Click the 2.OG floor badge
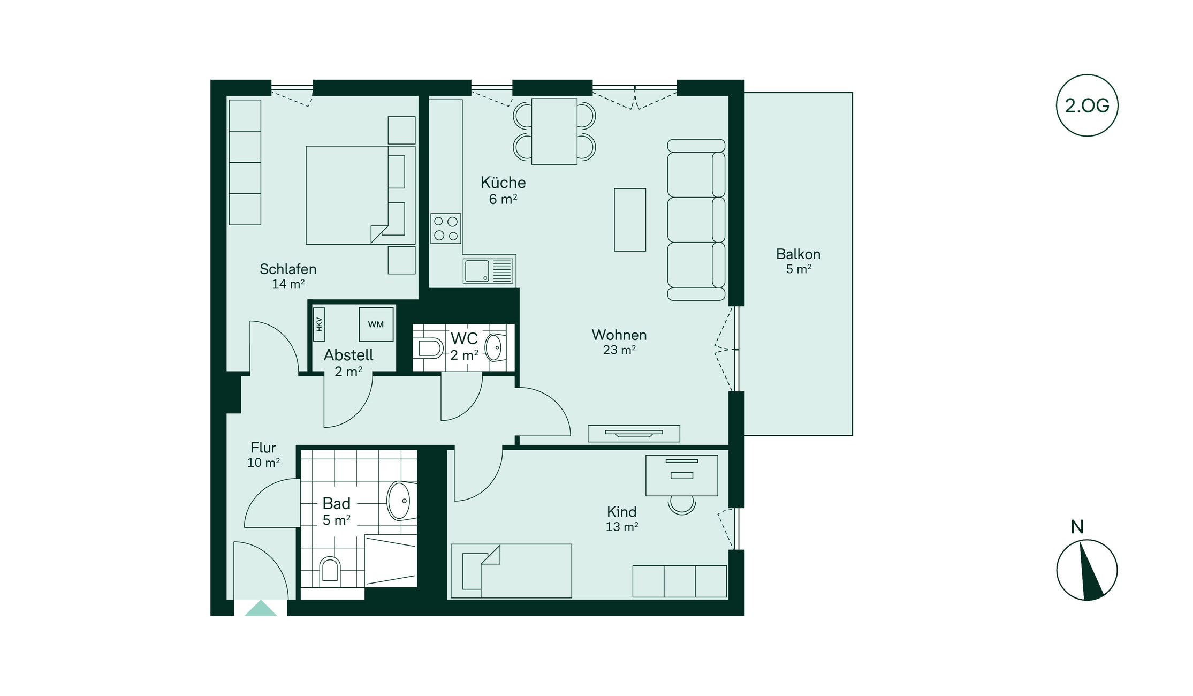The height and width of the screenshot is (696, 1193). (x=1087, y=105)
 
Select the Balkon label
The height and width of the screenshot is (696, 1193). (x=798, y=254)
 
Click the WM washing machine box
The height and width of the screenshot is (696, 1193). (x=376, y=324)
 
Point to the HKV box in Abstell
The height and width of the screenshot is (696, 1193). (x=319, y=324)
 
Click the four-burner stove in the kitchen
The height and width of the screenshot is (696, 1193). (x=446, y=229)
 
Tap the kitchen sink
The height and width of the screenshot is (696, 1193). (x=489, y=271)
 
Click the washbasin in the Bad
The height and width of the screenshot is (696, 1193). (x=401, y=501)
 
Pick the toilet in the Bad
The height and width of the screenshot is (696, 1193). (x=330, y=571)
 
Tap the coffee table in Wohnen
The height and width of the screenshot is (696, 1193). (x=630, y=220)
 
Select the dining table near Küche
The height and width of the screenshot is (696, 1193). (x=554, y=131)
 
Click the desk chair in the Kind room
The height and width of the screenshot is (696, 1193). (x=682, y=504)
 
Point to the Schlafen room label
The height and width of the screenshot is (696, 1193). (x=288, y=269)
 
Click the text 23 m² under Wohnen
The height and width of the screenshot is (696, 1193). (x=619, y=350)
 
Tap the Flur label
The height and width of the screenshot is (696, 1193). (x=263, y=448)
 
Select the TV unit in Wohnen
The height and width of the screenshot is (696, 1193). (x=634, y=434)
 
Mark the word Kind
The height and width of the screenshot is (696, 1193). (x=621, y=511)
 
